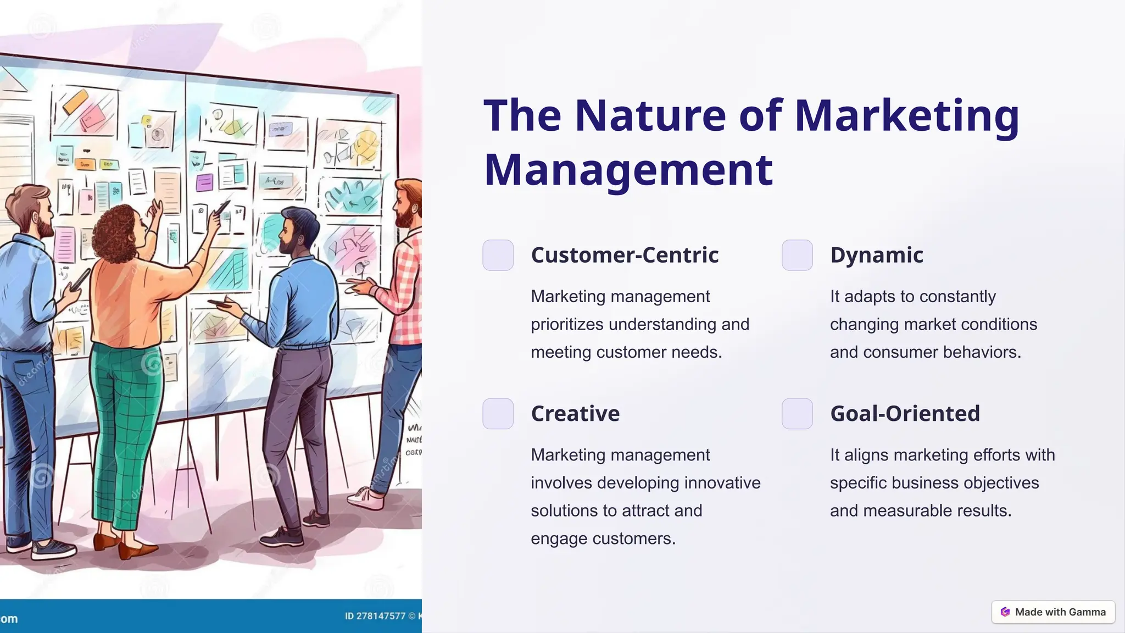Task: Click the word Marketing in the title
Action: (x=906, y=116)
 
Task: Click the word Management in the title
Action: (x=628, y=170)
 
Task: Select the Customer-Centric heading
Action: (x=625, y=255)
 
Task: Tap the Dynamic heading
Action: (x=876, y=255)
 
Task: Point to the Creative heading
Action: (x=575, y=413)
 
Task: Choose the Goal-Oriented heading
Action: (x=905, y=413)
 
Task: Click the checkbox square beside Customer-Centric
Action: (x=498, y=255)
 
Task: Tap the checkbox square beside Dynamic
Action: (x=797, y=255)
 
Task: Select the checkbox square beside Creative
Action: (x=498, y=413)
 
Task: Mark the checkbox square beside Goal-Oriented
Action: (x=797, y=413)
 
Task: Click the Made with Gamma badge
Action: (x=1053, y=612)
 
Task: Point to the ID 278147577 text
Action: (x=375, y=616)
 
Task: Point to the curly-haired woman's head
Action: (x=118, y=234)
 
